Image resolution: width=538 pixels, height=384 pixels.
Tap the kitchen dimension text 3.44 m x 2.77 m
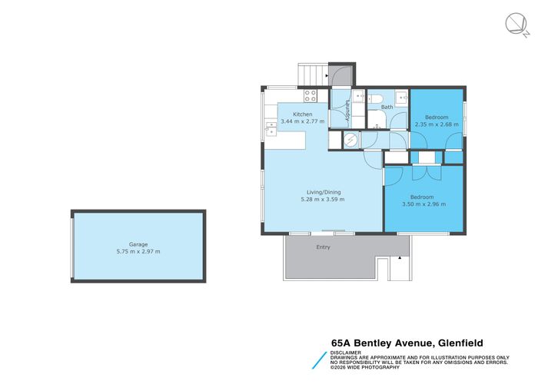303,121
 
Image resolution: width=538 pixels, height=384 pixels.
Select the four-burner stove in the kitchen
311,96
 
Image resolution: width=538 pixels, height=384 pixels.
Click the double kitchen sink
270,128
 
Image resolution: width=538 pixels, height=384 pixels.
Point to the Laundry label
348,112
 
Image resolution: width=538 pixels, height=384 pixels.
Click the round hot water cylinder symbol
350,140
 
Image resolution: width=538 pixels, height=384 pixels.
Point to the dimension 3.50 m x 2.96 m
423,204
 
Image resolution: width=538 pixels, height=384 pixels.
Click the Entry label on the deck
323,247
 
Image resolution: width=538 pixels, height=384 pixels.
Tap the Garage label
138,243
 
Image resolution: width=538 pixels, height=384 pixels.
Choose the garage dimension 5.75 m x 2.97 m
138,251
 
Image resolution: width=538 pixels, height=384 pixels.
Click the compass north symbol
517,25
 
